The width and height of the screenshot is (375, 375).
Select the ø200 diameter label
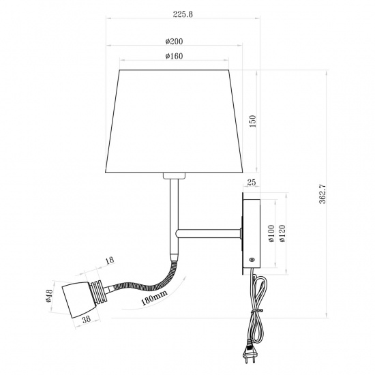click(177, 42)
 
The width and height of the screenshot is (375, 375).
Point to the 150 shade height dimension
click(252, 121)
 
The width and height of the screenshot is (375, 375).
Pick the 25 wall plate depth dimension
click(250, 183)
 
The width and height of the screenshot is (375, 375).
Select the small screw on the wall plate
click(251, 260)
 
